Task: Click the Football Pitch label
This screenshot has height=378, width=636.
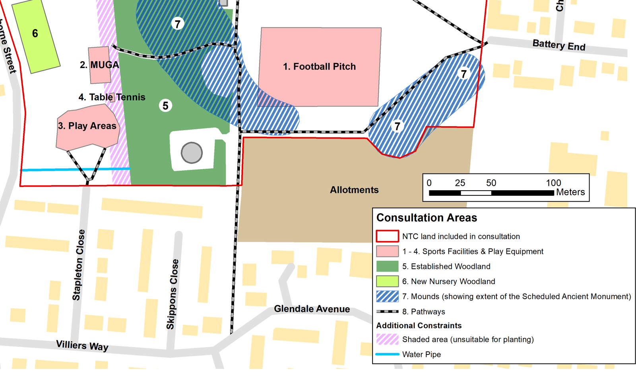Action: pos(319,66)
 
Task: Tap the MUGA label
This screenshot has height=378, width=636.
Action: pos(99,65)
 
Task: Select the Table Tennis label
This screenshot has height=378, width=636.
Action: pos(112,97)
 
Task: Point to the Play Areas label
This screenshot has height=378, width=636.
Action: pos(87,126)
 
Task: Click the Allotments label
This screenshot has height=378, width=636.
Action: pos(354,190)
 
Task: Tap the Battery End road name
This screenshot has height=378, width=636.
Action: pos(559,45)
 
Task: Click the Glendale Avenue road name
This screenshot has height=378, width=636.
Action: pos(312,309)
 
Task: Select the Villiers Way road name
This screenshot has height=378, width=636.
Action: pos(82,345)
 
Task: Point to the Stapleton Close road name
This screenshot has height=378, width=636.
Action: pos(79,265)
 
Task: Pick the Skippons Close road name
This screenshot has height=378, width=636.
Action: pos(173,294)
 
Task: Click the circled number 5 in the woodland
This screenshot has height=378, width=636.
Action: pos(165,105)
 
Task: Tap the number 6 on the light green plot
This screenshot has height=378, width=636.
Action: pos(35,33)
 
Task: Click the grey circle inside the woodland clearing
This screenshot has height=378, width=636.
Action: pos(192,153)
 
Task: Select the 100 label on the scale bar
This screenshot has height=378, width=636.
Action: pos(553,183)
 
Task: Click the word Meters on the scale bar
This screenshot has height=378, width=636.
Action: pos(570,192)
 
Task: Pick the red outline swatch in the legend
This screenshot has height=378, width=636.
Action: pos(387,236)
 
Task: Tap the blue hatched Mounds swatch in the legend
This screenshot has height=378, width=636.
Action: pos(387,296)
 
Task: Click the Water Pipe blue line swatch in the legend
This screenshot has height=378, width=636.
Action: pos(387,354)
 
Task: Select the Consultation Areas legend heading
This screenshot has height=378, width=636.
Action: pos(427,218)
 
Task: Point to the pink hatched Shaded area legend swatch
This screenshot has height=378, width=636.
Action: pos(387,339)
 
